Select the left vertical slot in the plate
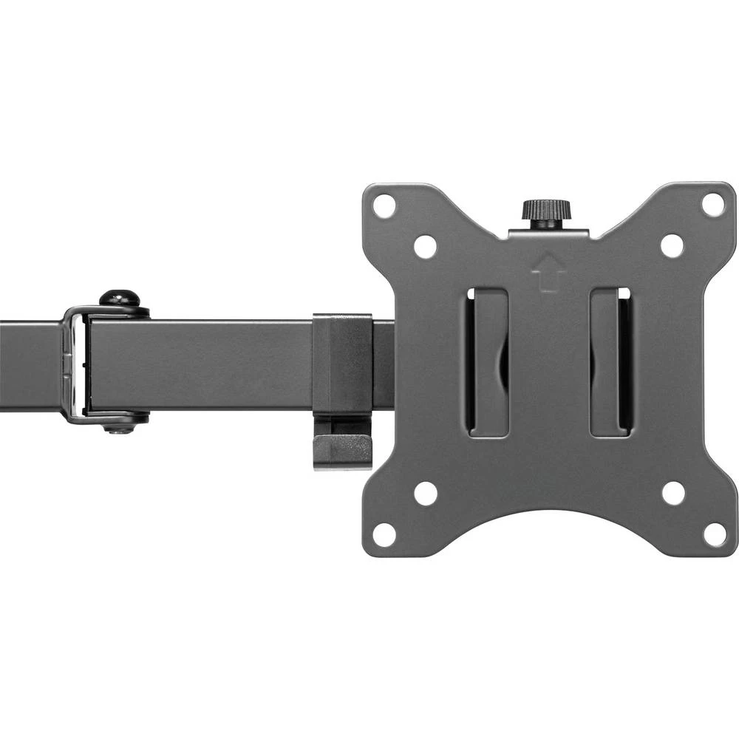[488, 362]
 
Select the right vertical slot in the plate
[610, 362]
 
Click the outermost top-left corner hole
[384, 205]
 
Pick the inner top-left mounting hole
[425, 246]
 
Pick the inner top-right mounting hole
[672, 246]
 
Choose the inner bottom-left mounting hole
[426, 493]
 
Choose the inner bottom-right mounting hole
[673, 493]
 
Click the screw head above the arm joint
[119, 299]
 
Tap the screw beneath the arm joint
[118, 426]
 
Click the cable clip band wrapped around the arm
[341, 362]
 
